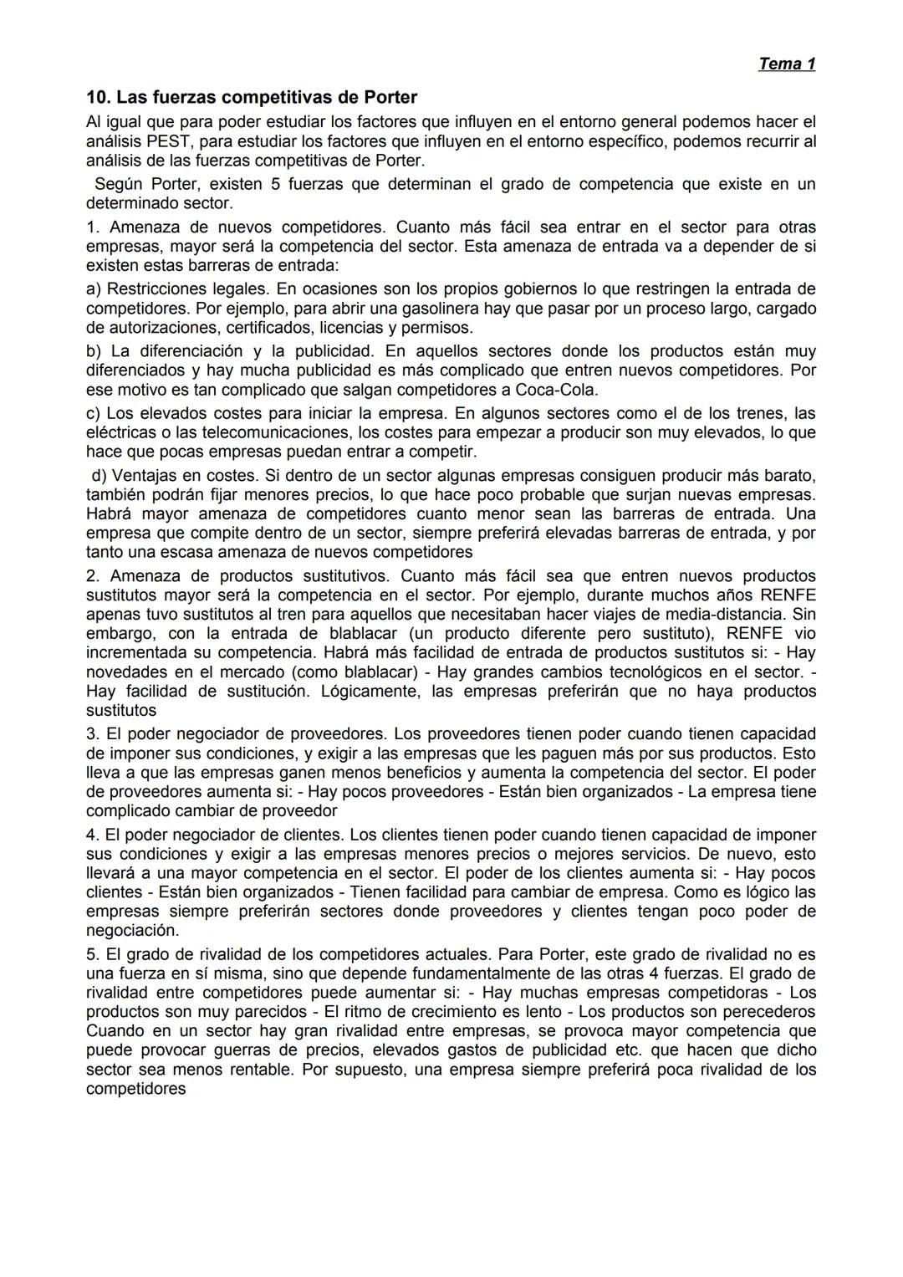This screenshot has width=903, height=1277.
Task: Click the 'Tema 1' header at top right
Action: click(x=786, y=64)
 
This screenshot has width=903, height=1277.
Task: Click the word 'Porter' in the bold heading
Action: click(x=390, y=97)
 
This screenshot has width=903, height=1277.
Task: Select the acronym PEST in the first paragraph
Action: click(x=169, y=141)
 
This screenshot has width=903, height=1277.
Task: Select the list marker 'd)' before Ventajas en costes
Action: click(x=99, y=475)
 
